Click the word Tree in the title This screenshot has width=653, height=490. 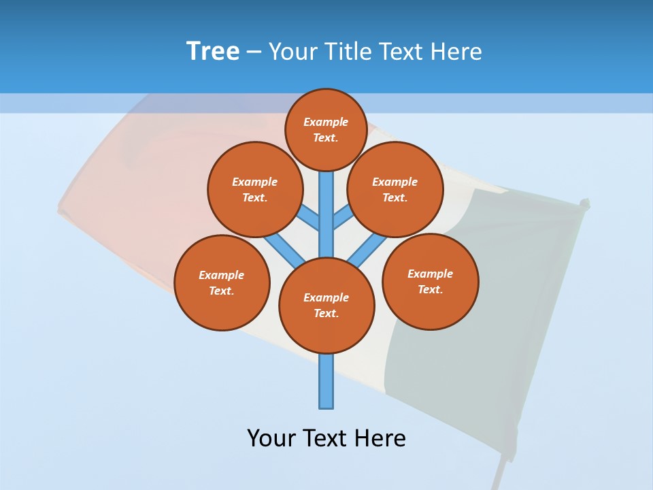(x=213, y=51)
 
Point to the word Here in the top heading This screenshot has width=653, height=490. (x=458, y=52)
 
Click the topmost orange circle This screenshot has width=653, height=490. (x=326, y=130)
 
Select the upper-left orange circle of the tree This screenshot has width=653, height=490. (x=254, y=189)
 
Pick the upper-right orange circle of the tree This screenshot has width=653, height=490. (x=395, y=189)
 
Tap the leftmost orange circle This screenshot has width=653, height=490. (x=222, y=282)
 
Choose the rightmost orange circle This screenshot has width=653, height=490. (x=431, y=281)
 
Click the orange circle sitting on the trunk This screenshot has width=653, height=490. (x=326, y=306)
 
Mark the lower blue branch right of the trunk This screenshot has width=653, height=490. (x=367, y=250)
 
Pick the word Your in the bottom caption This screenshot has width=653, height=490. (x=271, y=438)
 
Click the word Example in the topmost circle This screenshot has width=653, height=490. (x=326, y=122)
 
